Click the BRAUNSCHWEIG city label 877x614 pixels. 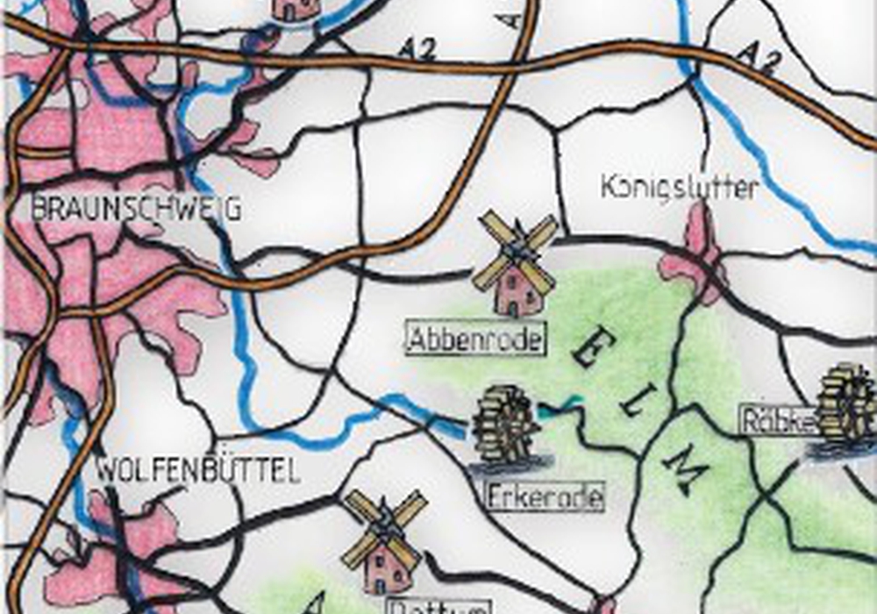point(136,209)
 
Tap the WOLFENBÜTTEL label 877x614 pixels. point(196,471)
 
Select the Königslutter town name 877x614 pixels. point(680,187)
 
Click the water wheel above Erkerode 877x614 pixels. point(503,423)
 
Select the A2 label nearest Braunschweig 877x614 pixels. point(417,47)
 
